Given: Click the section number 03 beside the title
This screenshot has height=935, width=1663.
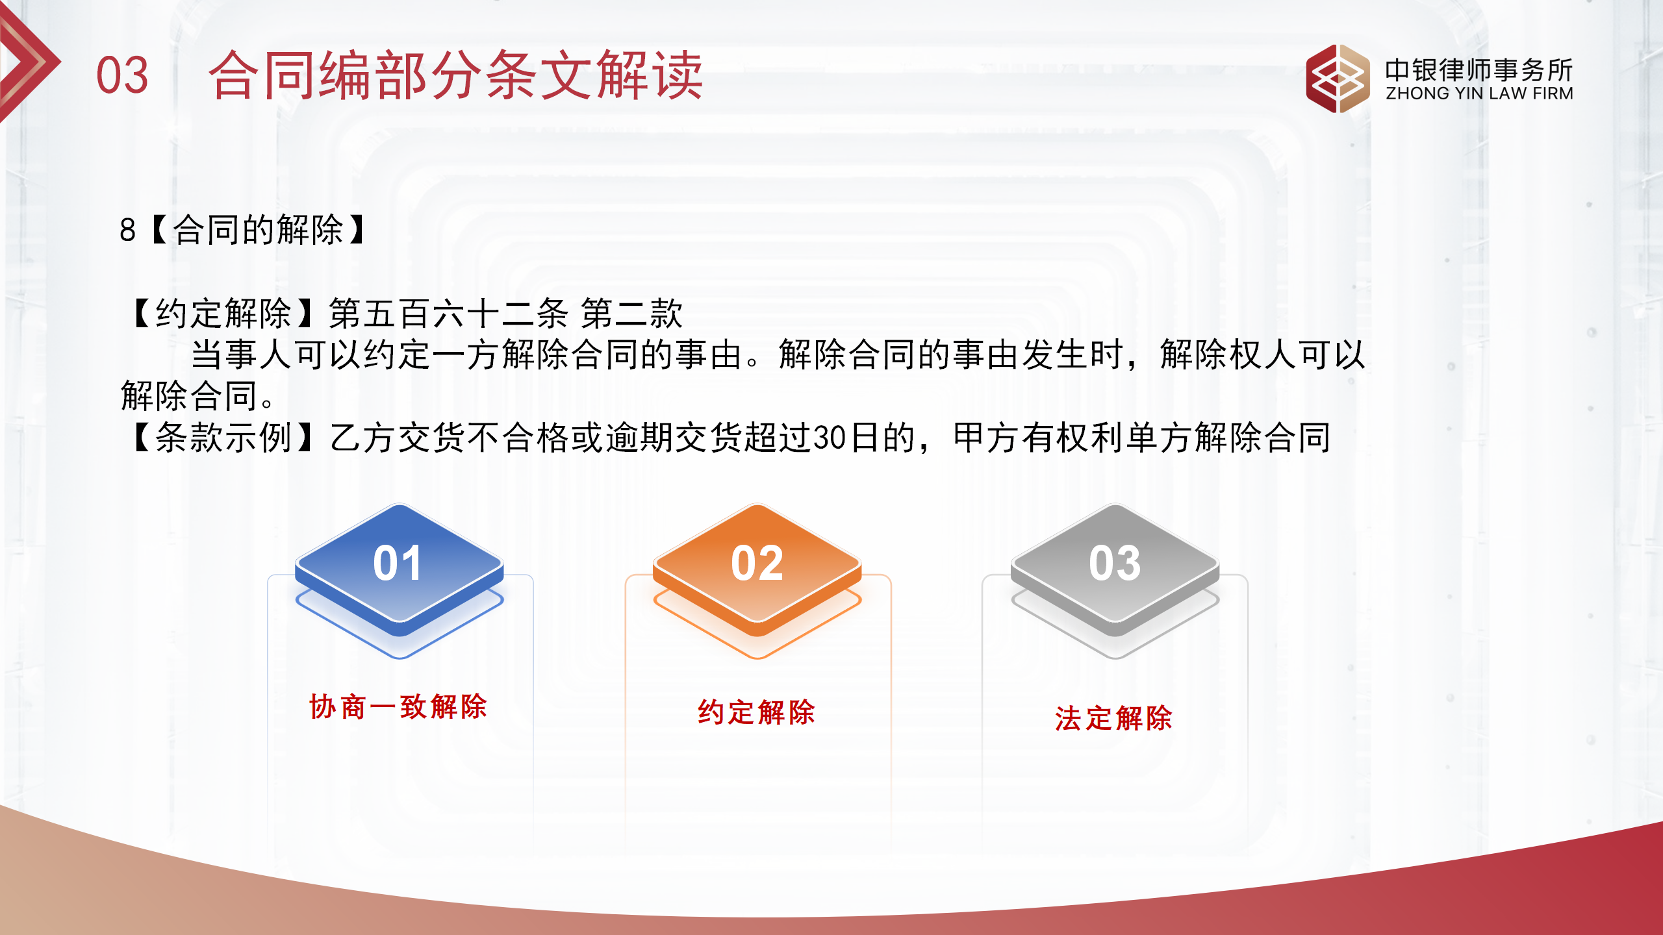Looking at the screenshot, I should [x=122, y=75].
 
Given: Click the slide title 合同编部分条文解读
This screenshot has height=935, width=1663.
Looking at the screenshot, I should [x=455, y=75].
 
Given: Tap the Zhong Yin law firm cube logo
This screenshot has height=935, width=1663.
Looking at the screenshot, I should [x=1337, y=79].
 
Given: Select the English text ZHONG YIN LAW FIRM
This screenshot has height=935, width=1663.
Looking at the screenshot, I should [x=1479, y=93].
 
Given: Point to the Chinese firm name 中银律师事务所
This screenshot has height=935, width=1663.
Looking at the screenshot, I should [x=1479, y=69].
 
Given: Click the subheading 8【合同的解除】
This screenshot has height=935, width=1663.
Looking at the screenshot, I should [x=243, y=230].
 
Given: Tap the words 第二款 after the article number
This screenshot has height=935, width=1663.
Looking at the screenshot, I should [x=631, y=314].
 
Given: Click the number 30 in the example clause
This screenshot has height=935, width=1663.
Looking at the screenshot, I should [x=830, y=438].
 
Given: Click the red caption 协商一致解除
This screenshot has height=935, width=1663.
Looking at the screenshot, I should [x=398, y=706].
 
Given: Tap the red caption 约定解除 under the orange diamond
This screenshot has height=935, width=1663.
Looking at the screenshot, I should [x=757, y=712].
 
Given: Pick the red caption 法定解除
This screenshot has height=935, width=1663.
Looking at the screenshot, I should [x=1114, y=719].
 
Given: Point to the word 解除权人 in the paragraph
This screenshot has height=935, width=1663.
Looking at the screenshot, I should [x=1228, y=355].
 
